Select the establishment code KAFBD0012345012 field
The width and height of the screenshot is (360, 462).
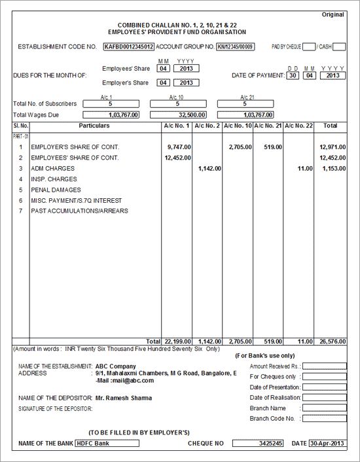(129, 47)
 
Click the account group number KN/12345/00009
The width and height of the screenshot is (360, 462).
(236, 47)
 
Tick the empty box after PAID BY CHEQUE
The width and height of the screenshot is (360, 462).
(309, 47)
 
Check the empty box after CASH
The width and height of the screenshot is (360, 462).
(340, 47)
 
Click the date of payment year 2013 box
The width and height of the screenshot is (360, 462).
(333, 76)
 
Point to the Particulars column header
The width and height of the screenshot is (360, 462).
(94, 126)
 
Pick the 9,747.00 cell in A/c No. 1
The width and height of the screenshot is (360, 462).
(178, 148)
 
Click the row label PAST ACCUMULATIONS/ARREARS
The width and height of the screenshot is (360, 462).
(79, 211)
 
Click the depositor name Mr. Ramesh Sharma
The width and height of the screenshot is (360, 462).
(124, 398)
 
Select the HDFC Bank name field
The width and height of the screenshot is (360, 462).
(107, 443)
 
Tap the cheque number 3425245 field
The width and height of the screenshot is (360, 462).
(259, 443)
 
